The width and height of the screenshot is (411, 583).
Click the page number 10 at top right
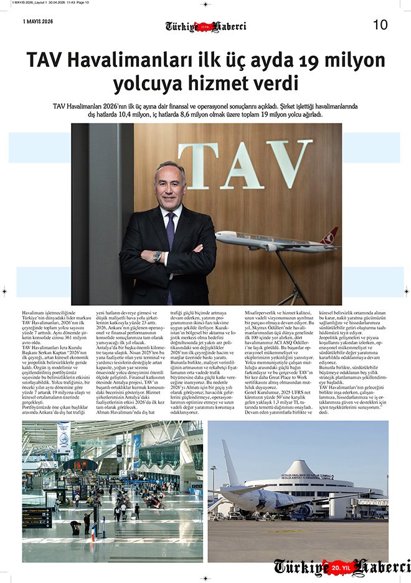click(380, 25)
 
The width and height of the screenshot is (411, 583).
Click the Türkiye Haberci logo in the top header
click(205, 26)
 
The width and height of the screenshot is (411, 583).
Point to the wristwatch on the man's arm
click(158, 255)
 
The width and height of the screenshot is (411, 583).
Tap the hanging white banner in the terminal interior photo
click(63, 437)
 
